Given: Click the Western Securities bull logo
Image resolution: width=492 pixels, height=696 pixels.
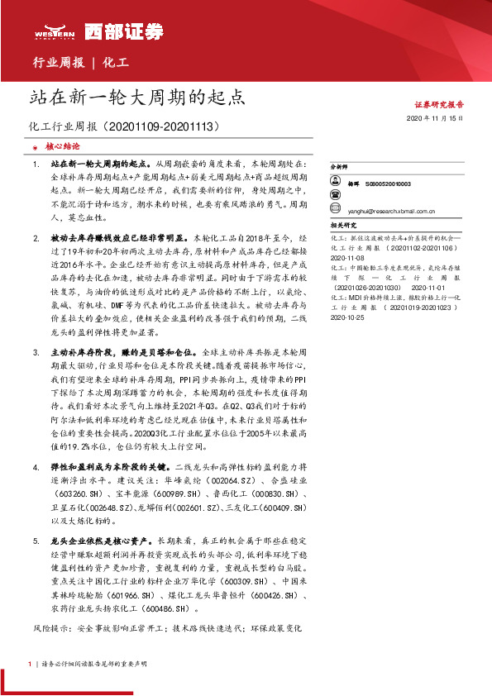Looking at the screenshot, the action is click(x=55, y=29).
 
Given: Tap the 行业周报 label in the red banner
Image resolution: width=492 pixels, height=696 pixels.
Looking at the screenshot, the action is click(x=57, y=62).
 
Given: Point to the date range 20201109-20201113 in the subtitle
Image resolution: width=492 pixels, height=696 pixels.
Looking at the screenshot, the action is click(x=171, y=127).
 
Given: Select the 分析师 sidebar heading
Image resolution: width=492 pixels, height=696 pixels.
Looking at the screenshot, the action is click(x=339, y=166).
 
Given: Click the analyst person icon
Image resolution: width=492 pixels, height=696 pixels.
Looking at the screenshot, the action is click(x=335, y=183).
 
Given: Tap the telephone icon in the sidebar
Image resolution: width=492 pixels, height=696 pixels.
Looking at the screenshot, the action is click(x=335, y=197).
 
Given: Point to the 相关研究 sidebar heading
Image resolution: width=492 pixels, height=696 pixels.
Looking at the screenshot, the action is click(x=342, y=224).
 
